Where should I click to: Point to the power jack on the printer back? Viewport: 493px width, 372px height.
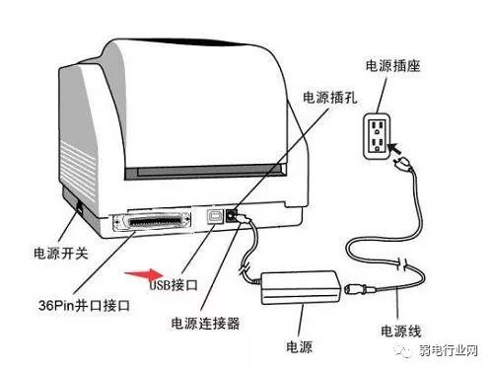click(x=231, y=212)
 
